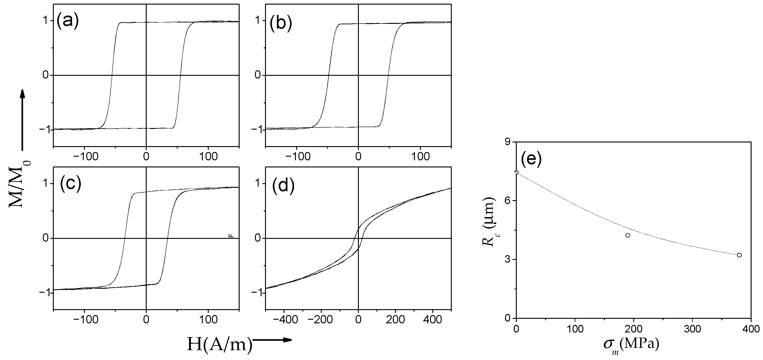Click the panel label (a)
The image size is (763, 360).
pos(68,21)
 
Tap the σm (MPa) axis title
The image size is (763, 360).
pos(631,345)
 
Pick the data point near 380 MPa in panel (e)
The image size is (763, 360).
pos(739,255)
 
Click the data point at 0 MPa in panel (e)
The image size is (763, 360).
pos(517,172)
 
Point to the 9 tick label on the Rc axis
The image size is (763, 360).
pos(509,142)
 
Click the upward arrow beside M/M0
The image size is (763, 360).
pos(22,119)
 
